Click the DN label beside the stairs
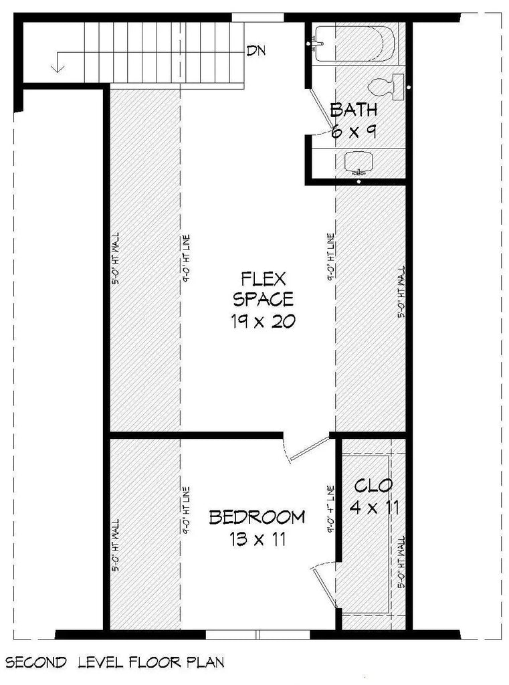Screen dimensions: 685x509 (x=254, y=50)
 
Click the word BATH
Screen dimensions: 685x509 (x=354, y=110)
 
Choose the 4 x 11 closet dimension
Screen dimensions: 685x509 (x=375, y=508)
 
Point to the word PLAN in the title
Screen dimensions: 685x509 (x=204, y=663)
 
